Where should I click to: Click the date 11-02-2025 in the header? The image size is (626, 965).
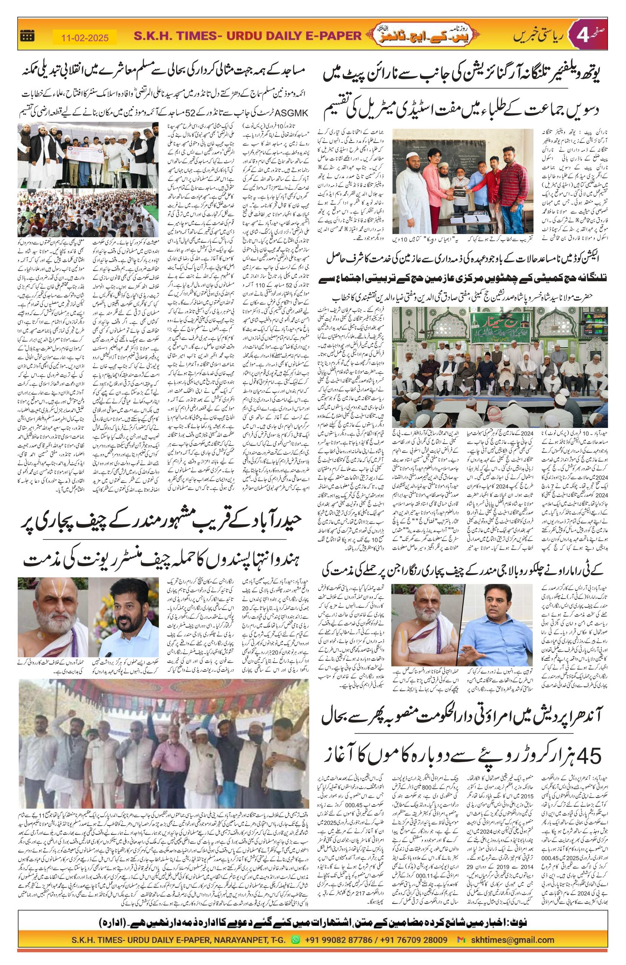point(85,38)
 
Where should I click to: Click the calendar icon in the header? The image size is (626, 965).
point(28,36)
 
